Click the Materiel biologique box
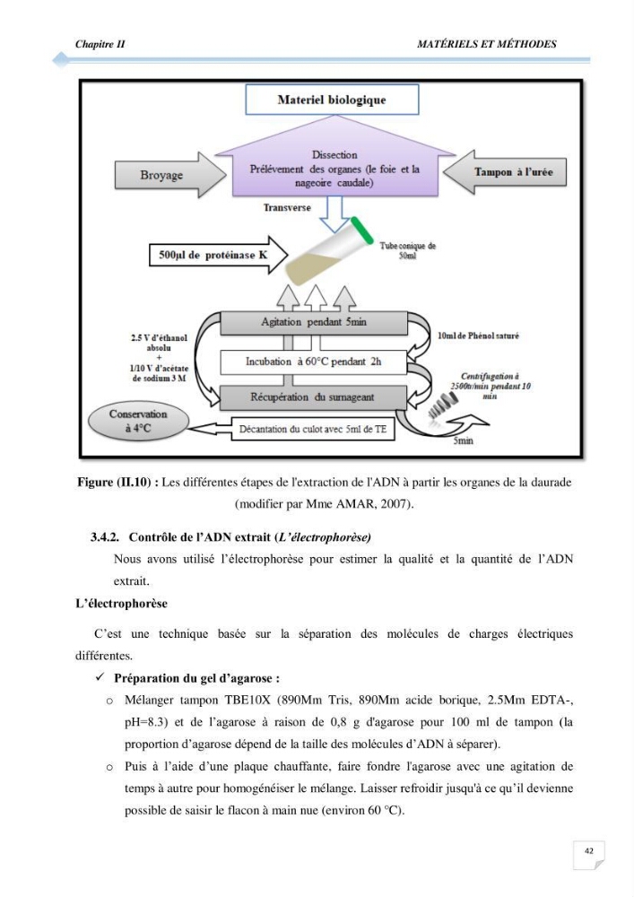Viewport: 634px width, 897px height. click(x=332, y=100)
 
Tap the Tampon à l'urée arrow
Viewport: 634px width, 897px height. click(x=506, y=171)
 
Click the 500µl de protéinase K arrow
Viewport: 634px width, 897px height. click(x=218, y=255)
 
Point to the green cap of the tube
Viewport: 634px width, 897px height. click(x=361, y=230)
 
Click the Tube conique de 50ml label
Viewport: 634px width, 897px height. click(x=408, y=250)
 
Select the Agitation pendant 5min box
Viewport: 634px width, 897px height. click(x=313, y=323)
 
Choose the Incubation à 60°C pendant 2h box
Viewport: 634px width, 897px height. click(x=313, y=362)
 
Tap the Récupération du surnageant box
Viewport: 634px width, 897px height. click(x=313, y=397)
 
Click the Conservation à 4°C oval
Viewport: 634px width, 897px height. click(x=138, y=422)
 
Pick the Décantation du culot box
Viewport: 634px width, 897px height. click(x=313, y=429)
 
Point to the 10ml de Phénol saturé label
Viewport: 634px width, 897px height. click(x=478, y=335)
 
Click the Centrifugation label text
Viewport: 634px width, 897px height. click(x=490, y=386)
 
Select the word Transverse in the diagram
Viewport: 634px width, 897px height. click(x=287, y=208)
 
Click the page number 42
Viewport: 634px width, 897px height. click(x=589, y=850)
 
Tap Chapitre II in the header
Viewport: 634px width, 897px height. click(x=100, y=44)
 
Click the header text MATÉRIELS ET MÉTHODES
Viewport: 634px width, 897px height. click(x=487, y=44)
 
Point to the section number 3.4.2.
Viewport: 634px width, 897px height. click(x=105, y=537)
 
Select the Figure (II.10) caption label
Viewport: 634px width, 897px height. click(x=117, y=483)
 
